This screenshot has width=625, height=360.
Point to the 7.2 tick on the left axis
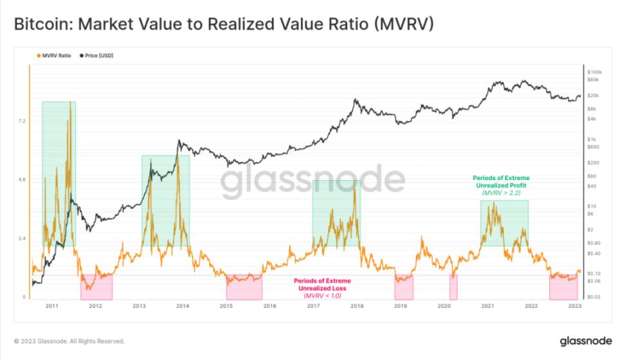(x=23, y=121)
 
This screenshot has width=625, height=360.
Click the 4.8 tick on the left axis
(x=23, y=180)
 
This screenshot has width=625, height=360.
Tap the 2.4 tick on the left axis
(x=23, y=239)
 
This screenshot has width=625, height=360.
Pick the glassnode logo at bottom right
(x=583, y=340)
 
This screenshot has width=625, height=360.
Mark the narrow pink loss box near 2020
(x=453, y=287)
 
